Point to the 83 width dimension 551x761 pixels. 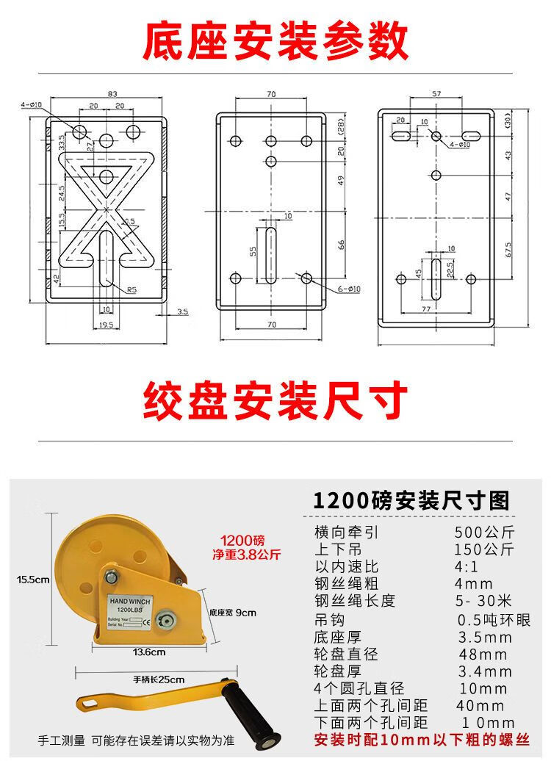pyautogui.click(x=112, y=93)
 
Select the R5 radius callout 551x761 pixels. pyautogui.click(x=132, y=290)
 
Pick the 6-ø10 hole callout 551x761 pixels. pyautogui.click(x=350, y=289)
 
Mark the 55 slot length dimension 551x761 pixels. pyautogui.click(x=253, y=251)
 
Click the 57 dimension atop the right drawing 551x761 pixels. pyautogui.click(x=436, y=93)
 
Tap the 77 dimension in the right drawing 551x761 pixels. pyautogui.click(x=425, y=310)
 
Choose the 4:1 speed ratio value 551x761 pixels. pyautogui.click(x=467, y=566)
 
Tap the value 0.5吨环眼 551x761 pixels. pyautogui.click(x=493, y=620)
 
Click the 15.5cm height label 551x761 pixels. pyautogui.click(x=33, y=580)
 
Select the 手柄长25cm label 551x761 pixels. pyautogui.click(x=159, y=679)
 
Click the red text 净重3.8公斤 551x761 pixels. pyautogui.click(x=246, y=555)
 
